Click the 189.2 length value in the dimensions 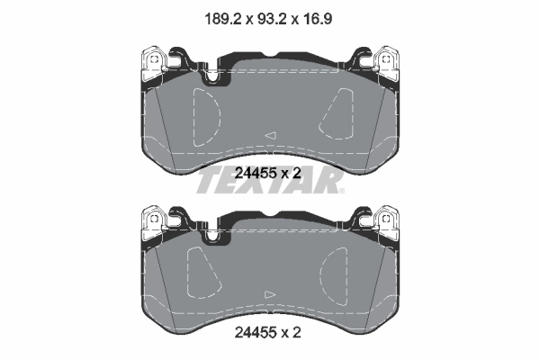tap(215, 15)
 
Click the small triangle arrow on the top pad tap(268, 135)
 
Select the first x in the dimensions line tap(243, 16)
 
